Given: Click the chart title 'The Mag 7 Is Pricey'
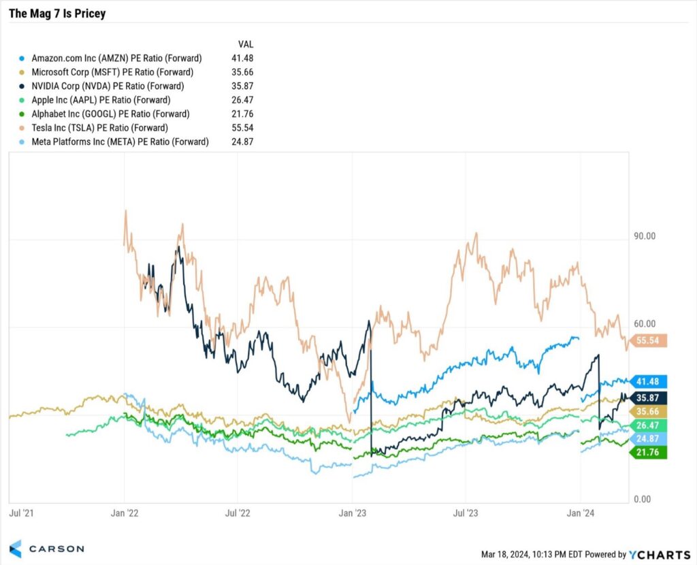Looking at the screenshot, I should point(57,14).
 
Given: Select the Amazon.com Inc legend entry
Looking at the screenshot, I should point(116,59).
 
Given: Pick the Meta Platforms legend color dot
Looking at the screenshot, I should point(24,142).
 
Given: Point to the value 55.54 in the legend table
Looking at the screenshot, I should point(242,128).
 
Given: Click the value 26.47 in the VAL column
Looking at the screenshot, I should point(242,100).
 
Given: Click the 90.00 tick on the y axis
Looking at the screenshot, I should point(644,236).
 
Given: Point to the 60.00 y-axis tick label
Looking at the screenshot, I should point(644,324).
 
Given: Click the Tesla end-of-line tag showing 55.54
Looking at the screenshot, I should point(649,340).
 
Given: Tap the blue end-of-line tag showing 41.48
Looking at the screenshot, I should point(649,382).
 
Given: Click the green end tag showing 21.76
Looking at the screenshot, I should point(649,452).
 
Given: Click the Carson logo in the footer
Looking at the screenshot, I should point(47,549).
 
